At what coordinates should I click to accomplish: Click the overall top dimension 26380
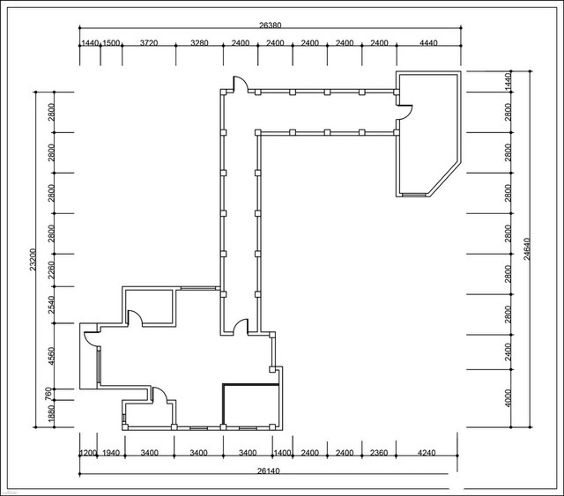pos(271,26)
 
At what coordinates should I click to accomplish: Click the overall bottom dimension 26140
pos(268,470)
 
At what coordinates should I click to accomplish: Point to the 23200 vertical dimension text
pos(33,259)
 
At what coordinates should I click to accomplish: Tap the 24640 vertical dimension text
pos(527,248)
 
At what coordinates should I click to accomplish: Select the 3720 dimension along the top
pos(149,43)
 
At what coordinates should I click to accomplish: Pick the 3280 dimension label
pos(199,43)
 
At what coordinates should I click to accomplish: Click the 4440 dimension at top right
pos(429,43)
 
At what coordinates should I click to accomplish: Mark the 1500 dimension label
pos(111,43)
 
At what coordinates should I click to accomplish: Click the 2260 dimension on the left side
pos(51,270)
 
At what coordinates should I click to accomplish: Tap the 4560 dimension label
pos(51,356)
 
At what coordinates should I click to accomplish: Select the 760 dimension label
pos(48,394)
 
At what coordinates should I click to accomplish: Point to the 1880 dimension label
pos(51,414)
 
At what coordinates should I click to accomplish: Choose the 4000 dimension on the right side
pos(508,398)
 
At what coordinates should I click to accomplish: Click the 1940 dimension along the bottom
pos(111,453)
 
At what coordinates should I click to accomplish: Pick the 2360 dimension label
pos(379,453)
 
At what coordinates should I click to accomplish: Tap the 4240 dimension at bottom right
pos(427,453)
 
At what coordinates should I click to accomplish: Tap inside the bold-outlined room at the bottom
pos(251,405)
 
